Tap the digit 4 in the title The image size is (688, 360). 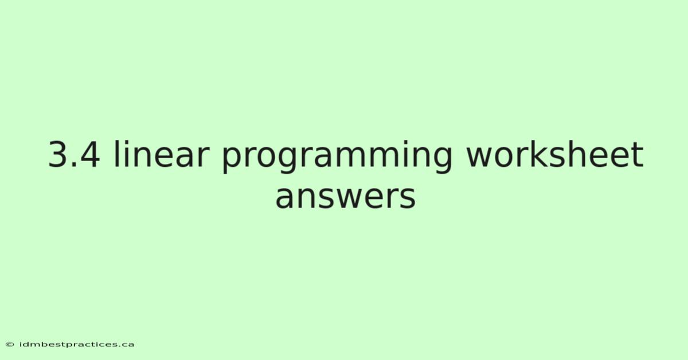coord(89,155)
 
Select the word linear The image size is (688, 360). coord(162,154)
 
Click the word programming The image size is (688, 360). coord(337,157)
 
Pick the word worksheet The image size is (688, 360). coord(555,154)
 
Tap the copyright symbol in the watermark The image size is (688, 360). coord(10,345)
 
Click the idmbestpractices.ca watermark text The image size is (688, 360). coord(76,345)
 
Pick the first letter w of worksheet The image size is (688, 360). coord(480,158)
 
